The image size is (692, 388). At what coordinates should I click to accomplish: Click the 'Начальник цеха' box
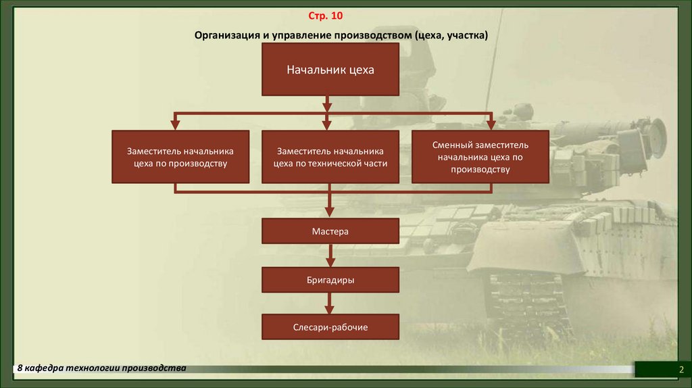(330, 70)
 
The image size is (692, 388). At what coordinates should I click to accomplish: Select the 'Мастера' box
(330, 231)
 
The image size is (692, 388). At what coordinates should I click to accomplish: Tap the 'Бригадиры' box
(330, 279)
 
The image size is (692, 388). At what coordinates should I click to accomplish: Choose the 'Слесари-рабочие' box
(330, 326)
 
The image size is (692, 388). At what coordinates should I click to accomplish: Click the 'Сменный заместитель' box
(480, 157)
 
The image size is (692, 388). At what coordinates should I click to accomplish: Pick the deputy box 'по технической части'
(330, 157)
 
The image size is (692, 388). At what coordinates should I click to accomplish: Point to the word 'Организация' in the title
(226, 34)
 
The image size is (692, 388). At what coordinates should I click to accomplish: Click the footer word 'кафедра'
(45, 368)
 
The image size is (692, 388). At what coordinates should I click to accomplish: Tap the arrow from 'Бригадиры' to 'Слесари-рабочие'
(330, 304)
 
